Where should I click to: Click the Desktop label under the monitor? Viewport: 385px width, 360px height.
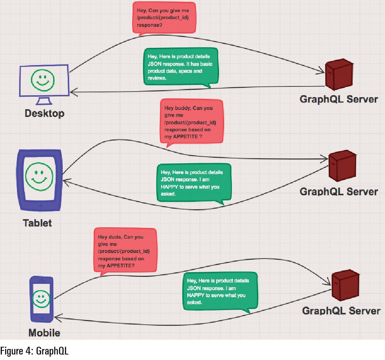point(45,113)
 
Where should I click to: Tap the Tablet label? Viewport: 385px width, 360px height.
point(37,223)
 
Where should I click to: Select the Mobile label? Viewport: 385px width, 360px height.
point(44,333)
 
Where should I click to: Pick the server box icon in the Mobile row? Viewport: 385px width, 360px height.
point(345,285)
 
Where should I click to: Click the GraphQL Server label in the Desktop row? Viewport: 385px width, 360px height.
point(339,99)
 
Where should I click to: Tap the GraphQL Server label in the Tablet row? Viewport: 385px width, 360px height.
point(339,192)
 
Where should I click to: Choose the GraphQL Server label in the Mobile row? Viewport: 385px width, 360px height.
point(341,311)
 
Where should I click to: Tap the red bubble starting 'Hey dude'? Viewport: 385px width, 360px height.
point(125,251)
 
